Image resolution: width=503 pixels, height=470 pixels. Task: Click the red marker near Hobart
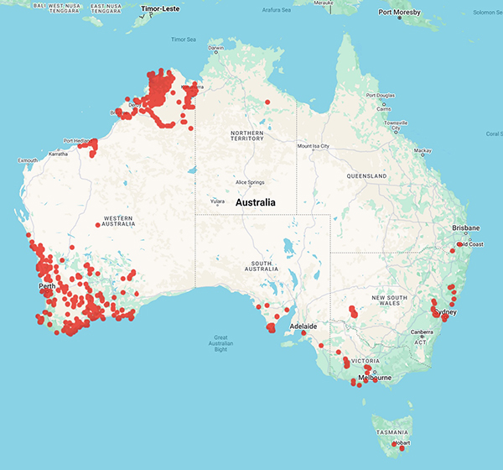(x=402, y=448)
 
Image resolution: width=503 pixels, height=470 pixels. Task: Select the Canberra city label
(x=421, y=332)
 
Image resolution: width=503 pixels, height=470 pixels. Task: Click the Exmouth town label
(x=28, y=160)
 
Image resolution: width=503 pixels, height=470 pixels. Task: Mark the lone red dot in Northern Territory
(x=267, y=102)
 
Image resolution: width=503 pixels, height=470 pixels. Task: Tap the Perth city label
(x=47, y=287)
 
